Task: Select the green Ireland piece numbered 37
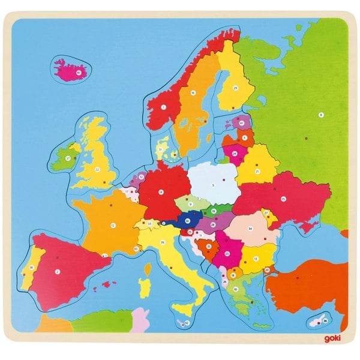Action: [x=68, y=159]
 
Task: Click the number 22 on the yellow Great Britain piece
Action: [x=95, y=169]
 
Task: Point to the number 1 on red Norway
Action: [x=163, y=107]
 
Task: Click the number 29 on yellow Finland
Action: [x=235, y=88]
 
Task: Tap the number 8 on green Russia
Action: [x=321, y=114]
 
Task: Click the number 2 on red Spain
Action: [x=58, y=271]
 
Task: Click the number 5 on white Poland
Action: [x=212, y=185]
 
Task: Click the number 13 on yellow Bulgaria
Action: [x=256, y=259]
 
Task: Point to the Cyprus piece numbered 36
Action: [x=324, y=321]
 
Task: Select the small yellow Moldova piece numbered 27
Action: [x=265, y=212]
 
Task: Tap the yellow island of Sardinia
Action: [x=144, y=286]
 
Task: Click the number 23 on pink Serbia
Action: [x=227, y=254]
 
